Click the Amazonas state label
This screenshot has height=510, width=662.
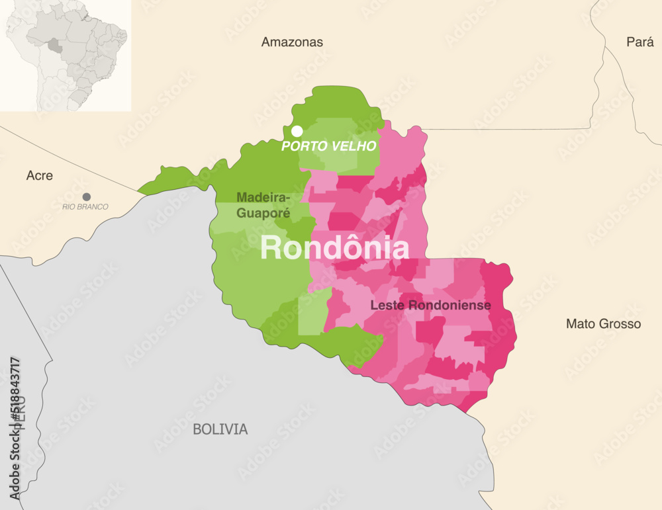point(292,42)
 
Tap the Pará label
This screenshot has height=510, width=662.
point(640,42)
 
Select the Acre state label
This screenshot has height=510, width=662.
point(39,176)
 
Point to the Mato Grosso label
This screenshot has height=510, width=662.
point(603,324)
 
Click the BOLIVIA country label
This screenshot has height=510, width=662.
point(220,429)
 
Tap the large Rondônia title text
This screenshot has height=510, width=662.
point(334,247)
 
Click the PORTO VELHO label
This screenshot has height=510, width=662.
point(329,146)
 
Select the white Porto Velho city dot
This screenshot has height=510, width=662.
point(297,131)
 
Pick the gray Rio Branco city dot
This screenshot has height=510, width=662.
point(87,196)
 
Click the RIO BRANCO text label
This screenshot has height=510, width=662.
point(85,207)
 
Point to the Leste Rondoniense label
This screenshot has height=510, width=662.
point(430,306)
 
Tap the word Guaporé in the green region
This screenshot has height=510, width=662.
point(263,213)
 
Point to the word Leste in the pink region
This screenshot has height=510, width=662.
point(386,306)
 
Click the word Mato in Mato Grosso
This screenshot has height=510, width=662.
point(580,324)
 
